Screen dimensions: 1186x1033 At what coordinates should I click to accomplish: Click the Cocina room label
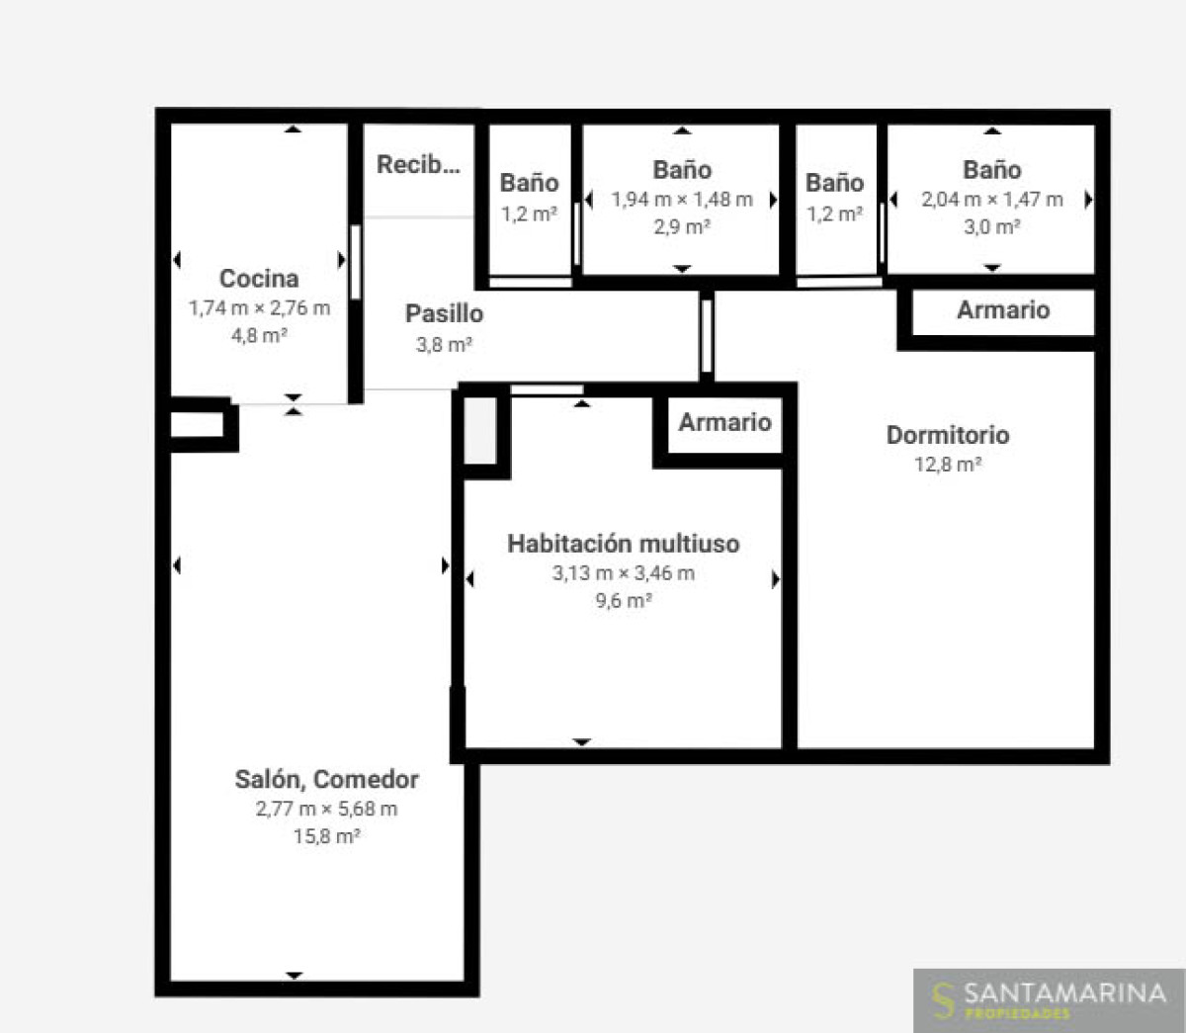tap(259, 279)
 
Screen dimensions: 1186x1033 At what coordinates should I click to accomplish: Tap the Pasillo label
tap(444, 313)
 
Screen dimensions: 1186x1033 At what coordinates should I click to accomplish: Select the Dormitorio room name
tap(948, 435)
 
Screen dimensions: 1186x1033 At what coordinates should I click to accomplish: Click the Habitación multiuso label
tap(623, 544)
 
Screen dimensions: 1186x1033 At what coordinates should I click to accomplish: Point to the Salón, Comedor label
tap(326, 780)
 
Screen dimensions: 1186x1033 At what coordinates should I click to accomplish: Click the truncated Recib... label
tap(418, 165)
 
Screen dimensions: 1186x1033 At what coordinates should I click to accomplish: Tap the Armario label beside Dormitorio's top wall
tap(1003, 310)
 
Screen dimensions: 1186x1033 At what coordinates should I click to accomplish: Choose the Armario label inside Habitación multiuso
tap(724, 422)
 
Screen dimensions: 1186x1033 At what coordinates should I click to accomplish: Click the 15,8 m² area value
tap(326, 836)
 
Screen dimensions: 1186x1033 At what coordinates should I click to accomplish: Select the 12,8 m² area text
tap(948, 465)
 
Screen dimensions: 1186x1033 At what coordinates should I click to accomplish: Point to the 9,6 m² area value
tap(623, 600)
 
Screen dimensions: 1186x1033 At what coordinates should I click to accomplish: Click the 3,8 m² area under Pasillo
tap(444, 345)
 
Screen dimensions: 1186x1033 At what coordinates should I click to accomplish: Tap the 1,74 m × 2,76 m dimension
tap(259, 307)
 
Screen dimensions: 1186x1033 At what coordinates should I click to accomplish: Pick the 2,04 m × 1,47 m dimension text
tap(992, 200)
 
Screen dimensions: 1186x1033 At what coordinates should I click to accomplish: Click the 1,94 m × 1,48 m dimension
tap(682, 200)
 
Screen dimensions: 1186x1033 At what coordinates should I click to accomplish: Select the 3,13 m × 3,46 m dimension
tap(623, 572)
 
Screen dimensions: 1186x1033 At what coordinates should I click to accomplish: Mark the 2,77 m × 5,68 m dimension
tap(326, 808)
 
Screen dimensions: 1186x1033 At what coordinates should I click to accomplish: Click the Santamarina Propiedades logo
tap(1050, 1000)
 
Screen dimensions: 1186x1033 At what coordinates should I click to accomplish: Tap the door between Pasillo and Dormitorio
tap(706, 336)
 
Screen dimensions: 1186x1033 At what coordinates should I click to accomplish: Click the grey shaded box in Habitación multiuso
tap(480, 430)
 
